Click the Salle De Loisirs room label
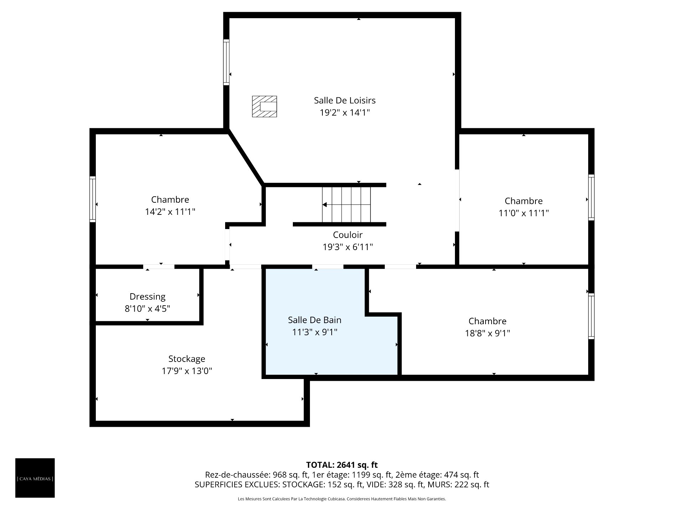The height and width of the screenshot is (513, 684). pyautogui.click(x=344, y=100)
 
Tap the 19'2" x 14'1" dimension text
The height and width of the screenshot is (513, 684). pyautogui.click(x=344, y=113)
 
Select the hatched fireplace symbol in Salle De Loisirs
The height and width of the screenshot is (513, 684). pyautogui.click(x=264, y=106)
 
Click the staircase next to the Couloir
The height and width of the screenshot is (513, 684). pyautogui.click(x=346, y=204)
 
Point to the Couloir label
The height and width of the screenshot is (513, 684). pyautogui.click(x=348, y=235)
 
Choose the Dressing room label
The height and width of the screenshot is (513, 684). pyautogui.click(x=147, y=297)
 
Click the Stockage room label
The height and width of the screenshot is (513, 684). pyautogui.click(x=187, y=359)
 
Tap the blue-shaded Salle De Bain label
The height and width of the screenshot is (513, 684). pyautogui.click(x=315, y=320)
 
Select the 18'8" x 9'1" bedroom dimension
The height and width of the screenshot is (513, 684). pyautogui.click(x=487, y=333)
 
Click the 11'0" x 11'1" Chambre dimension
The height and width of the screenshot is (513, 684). pyautogui.click(x=523, y=213)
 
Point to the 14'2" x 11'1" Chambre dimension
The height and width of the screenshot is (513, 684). pyautogui.click(x=170, y=212)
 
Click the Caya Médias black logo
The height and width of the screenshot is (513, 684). pyautogui.click(x=35, y=478)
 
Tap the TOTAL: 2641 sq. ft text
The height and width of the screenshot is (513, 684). pyautogui.click(x=342, y=465)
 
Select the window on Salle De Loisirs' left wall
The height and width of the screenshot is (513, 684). pyautogui.click(x=226, y=62)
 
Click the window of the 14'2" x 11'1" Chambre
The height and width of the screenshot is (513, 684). pyautogui.click(x=93, y=199)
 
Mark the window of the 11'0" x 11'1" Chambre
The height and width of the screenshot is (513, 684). pyautogui.click(x=591, y=197)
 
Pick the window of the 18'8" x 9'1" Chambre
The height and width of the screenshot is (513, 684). pyautogui.click(x=591, y=316)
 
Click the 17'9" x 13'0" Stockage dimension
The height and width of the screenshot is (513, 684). pyautogui.click(x=187, y=371)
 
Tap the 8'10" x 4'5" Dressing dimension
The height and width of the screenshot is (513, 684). pyautogui.click(x=147, y=309)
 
